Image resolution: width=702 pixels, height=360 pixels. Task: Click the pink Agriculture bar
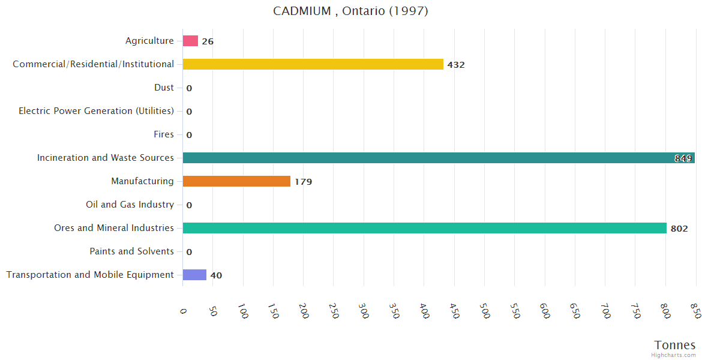[x=190, y=41]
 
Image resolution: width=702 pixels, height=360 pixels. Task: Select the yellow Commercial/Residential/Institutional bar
[x=313, y=64]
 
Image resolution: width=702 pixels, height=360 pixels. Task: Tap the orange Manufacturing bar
[x=236, y=181]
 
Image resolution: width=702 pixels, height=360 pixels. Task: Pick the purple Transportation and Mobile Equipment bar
[x=194, y=275]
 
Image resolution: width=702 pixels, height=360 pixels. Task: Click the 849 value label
[x=683, y=158]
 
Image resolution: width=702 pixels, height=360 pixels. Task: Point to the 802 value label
[x=679, y=229]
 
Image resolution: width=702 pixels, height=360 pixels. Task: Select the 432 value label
[x=456, y=65]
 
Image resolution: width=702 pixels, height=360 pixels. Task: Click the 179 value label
[x=303, y=182]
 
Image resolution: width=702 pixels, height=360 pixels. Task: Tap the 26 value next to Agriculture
[x=208, y=41]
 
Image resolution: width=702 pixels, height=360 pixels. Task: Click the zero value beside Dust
[x=189, y=88]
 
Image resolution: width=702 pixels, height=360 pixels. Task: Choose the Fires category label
[x=164, y=134]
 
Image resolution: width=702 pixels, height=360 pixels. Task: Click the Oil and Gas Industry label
[x=130, y=205]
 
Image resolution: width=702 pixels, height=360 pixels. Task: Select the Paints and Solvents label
[x=131, y=251]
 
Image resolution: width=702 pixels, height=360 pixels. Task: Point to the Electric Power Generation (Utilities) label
[x=96, y=111]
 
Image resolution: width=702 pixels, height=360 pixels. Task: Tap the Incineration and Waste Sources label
[x=106, y=158]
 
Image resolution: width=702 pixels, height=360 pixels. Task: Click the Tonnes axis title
[x=675, y=345]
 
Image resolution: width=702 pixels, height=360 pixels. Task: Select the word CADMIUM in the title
[x=301, y=11]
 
